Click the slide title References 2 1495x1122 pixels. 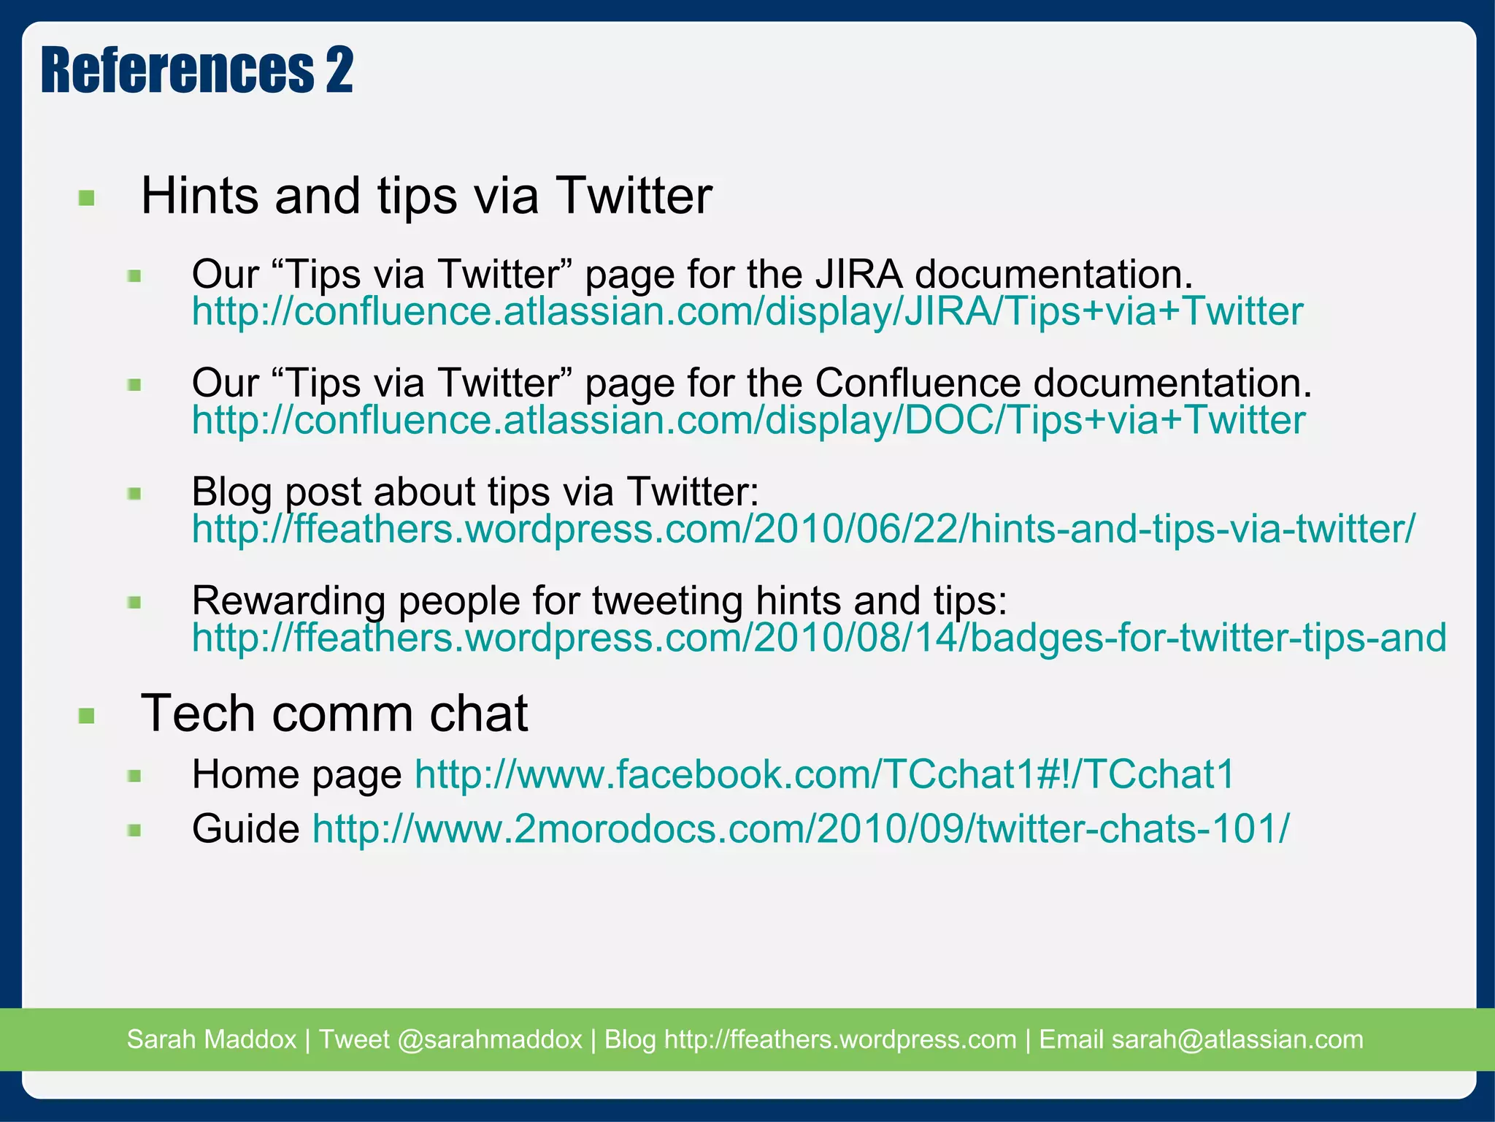coord(197,70)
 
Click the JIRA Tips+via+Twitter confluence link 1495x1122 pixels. coord(747,312)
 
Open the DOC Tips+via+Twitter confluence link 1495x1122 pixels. coord(748,421)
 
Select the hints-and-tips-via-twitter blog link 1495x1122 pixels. coord(803,529)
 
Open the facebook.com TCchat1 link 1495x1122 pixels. coord(824,774)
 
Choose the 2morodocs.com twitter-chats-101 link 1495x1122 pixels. coord(801,829)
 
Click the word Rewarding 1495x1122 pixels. coord(288,600)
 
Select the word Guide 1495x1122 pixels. coord(245,829)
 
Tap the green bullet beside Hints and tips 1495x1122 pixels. coord(87,198)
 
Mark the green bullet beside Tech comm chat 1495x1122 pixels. coord(87,715)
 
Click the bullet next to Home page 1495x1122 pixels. coord(134,776)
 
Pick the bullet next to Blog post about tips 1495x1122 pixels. coord(134,494)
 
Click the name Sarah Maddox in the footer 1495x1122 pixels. coord(211,1039)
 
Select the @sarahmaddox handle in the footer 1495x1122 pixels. coord(490,1039)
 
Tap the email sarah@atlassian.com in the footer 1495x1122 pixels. coord(1237,1039)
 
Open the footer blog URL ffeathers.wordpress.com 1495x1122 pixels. coord(840,1039)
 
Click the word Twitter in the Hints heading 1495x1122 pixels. coord(634,196)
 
